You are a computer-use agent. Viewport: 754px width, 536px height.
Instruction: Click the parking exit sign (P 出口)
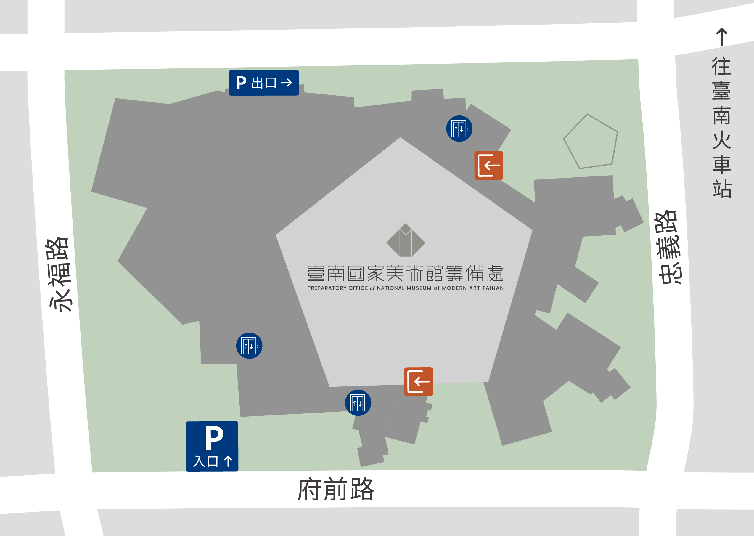point(264,83)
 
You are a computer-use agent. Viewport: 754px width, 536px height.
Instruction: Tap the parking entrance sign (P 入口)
point(212,446)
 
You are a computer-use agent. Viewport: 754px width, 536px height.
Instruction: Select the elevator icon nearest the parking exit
point(459,129)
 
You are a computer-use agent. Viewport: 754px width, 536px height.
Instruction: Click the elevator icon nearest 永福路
point(249,346)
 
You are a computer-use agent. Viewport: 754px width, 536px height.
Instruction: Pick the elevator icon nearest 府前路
point(358,403)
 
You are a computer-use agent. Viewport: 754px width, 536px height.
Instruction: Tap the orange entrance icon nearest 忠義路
point(488,165)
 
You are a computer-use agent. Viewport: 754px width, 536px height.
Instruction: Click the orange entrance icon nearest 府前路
point(418,381)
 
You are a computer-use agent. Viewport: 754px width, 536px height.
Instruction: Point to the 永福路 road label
point(59,274)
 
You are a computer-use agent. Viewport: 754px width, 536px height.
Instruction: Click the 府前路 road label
point(336,490)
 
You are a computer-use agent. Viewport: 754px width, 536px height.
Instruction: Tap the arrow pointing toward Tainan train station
point(722,37)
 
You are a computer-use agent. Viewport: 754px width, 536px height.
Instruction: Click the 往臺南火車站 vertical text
point(722,127)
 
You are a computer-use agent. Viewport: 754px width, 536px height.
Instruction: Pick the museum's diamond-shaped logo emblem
point(406,240)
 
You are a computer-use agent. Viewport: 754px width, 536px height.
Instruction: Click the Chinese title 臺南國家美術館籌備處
point(405,274)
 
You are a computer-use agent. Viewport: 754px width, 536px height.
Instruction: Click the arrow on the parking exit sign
point(287,83)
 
